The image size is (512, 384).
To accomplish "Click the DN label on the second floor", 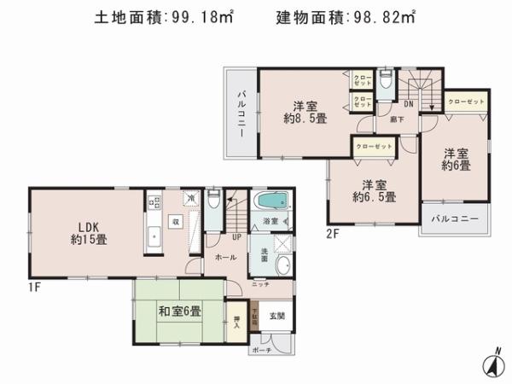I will coord(408,105).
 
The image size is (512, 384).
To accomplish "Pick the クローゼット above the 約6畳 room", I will coord(465,102).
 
